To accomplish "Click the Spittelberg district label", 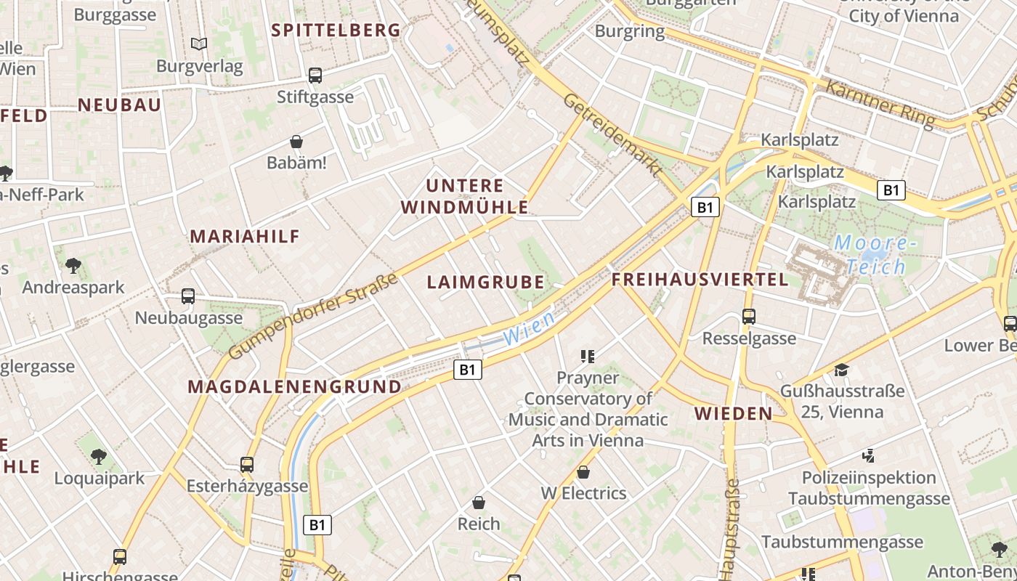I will click(x=336, y=30).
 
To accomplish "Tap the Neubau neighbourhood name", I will click(x=119, y=105).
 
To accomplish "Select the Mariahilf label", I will click(x=245, y=236).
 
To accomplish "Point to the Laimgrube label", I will click(x=485, y=282).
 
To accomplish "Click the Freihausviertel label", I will click(x=700, y=280).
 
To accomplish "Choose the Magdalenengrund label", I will click(x=294, y=386).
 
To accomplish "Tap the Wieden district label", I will click(x=734, y=414).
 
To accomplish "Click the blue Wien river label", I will click(x=528, y=328).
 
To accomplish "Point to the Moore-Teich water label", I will click(x=870, y=254).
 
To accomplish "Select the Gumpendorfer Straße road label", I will click(x=314, y=316).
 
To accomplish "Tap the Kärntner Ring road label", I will click(x=879, y=104).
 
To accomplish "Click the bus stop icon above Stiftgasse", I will click(x=315, y=75).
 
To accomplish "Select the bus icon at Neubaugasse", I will click(x=188, y=296).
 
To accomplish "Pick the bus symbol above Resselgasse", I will click(x=748, y=317).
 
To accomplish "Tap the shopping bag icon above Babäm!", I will click(x=296, y=141).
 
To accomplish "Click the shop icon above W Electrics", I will click(x=583, y=472).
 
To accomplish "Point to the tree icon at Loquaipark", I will click(x=99, y=457).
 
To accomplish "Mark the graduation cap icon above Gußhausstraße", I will click(x=841, y=370).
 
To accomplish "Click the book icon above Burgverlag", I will click(x=199, y=44).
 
